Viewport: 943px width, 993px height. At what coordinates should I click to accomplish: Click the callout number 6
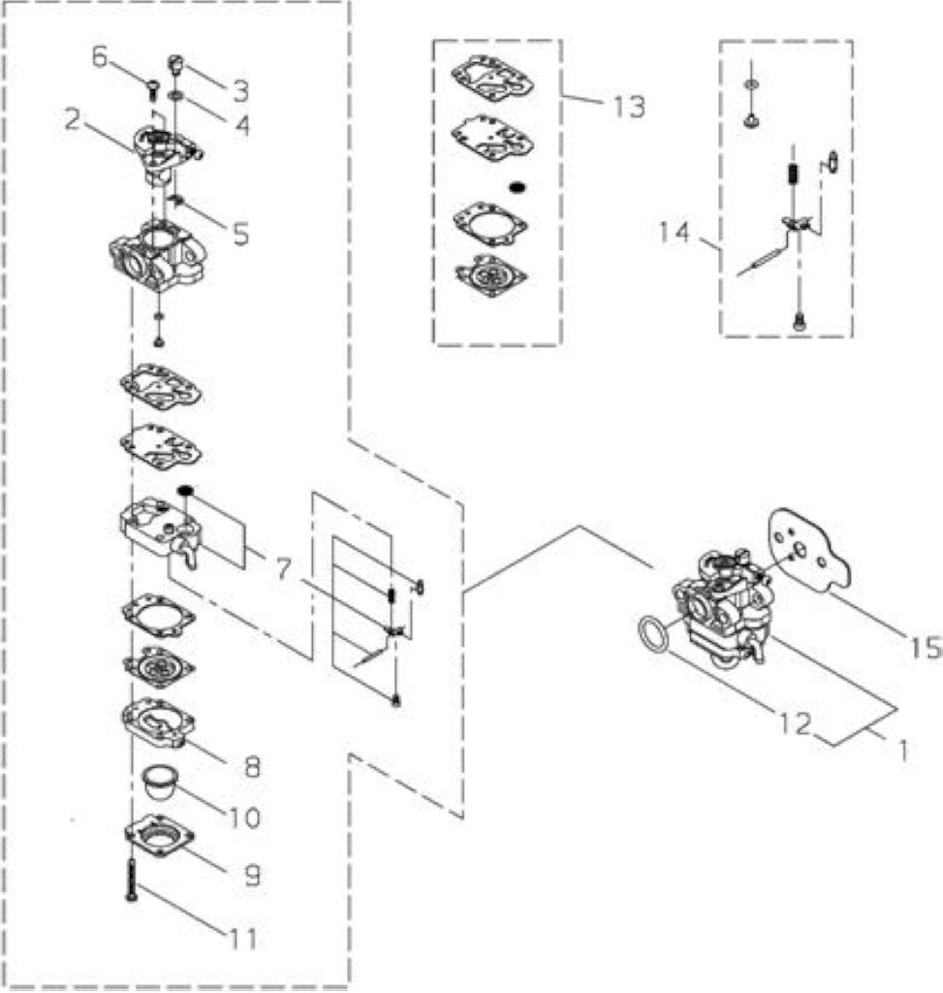coord(100,56)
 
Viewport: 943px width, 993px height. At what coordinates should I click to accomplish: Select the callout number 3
coord(240,91)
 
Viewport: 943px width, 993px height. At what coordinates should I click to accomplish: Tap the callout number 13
coord(629,107)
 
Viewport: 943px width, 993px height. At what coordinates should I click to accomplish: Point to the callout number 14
coord(674,232)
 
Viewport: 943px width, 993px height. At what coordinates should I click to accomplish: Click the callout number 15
coord(926,647)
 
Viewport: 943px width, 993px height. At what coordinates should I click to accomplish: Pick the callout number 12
coord(795,723)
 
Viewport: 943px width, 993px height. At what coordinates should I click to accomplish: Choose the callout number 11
coord(243,939)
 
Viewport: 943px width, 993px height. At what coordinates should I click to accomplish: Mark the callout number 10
coord(244,817)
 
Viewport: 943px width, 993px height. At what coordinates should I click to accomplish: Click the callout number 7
coord(283,569)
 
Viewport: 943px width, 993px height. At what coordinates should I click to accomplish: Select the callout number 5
coord(241,234)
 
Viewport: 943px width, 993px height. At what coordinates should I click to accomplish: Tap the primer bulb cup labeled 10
coord(159,783)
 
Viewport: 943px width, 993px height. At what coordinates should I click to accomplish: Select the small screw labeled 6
coord(153,89)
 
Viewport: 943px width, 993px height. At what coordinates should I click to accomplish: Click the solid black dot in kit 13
coord(518,187)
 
